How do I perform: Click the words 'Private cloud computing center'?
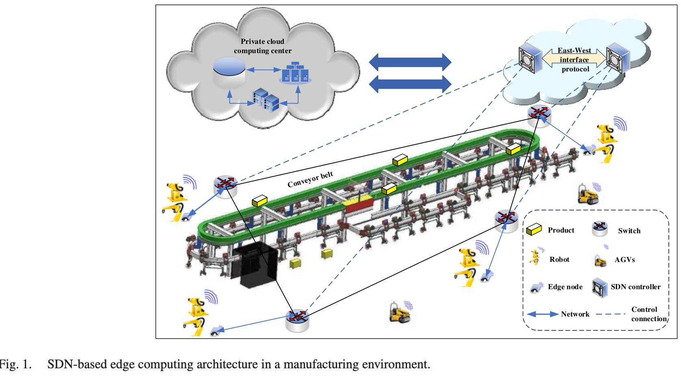coord(263,46)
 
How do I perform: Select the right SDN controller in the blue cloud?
coord(618,59)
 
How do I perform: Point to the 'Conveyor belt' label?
coord(310,180)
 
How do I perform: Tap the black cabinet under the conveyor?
coord(255,265)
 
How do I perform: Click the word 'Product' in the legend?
coord(561,230)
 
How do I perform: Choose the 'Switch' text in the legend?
coord(629,231)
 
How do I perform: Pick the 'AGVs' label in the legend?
coord(624,260)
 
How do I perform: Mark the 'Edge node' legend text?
coord(565,287)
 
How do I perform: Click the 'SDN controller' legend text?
coord(635,287)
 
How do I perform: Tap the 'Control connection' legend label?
coord(648,314)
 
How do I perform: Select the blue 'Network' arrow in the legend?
coord(543,314)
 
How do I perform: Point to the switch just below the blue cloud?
coord(539,115)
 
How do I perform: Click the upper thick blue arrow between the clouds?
coord(410,62)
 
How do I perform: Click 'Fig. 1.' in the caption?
coord(15,364)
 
